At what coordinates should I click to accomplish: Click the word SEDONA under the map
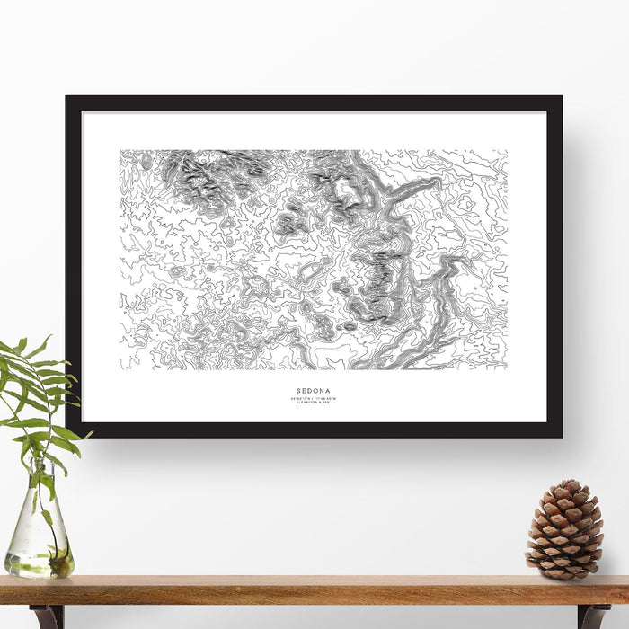click(314, 392)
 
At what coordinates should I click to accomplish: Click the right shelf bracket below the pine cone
click(593, 616)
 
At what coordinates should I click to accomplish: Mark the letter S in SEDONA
click(296, 392)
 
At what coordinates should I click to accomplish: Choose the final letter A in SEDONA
click(332, 392)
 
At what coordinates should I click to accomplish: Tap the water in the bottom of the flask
click(38, 564)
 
